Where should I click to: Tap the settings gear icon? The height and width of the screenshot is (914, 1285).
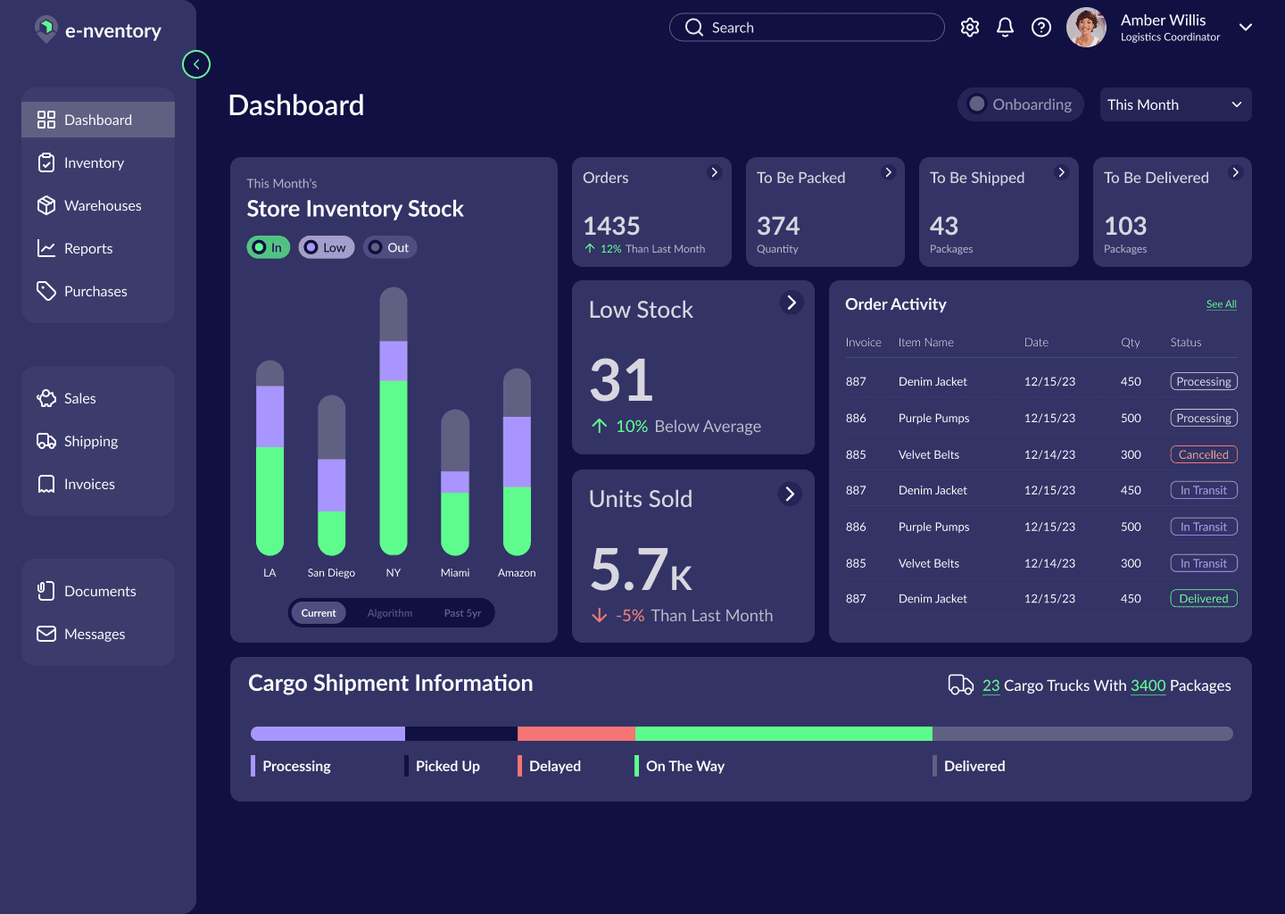pos(969,27)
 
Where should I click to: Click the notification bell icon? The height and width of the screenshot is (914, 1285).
pos(1005,27)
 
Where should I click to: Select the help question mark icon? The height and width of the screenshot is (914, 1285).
pos(1040,27)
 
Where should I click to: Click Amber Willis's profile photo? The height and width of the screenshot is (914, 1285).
pos(1086,27)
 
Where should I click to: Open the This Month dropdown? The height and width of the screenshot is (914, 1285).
pos(1175,104)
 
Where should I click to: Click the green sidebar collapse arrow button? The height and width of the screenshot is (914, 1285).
pos(196,64)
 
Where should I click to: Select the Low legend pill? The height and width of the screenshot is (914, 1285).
pos(326,247)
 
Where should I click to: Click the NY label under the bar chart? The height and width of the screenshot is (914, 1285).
pos(393,573)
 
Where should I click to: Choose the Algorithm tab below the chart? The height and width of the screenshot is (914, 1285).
pos(389,613)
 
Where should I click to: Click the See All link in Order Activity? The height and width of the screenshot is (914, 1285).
pos(1221,304)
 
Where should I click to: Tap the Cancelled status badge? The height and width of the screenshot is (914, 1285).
pos(1204,454)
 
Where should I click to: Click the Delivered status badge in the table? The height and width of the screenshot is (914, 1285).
pos(1204,598)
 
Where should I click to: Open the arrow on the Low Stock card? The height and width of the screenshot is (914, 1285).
pos(792,303)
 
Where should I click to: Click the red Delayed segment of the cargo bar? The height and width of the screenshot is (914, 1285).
pos(576,734)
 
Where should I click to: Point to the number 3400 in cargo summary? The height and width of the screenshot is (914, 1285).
pos(1148,685)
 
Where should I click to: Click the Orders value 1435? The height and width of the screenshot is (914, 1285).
pos(611,226)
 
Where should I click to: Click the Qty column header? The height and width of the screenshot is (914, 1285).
pos(1130,343)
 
